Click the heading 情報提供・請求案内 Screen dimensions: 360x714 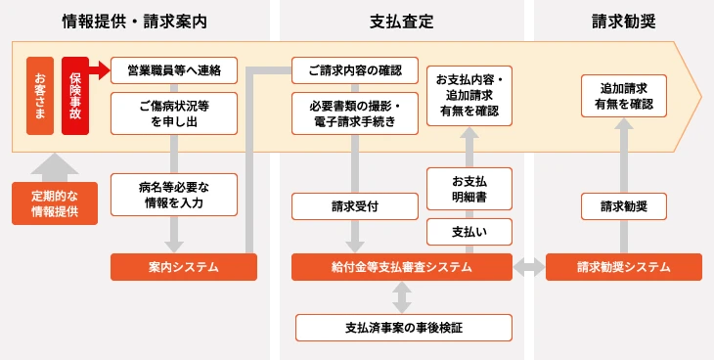pyautogui.click(x=134, y=21)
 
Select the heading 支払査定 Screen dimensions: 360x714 pyautogui.click(x=402, y=21)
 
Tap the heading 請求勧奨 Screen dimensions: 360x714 pyautogui.click(x=623, y=21)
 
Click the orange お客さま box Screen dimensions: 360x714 pyautogui.click(x=40, y=96)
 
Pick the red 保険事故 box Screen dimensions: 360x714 pyautogui.click(x=75, y=96)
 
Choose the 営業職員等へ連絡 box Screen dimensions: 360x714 pyautogui.click(x=174, y=69)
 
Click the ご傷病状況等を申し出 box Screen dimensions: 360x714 pyautogui.click(x=174, y=112)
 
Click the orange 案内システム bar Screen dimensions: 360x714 pyautogui.click(x=183, y=266)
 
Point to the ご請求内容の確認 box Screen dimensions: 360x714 pyautogui.click(x=355, y=69)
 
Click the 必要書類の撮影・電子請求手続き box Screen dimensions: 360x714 pyautogui.click(x=355, y=112)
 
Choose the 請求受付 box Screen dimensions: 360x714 pyautogui.click(x=355, y=205)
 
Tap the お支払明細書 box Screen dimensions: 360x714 pyautogui.click(x=469, y=189)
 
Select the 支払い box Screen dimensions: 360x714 pyautogui.click(x=469, y=233)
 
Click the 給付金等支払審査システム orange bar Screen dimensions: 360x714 pyautogui.click(x=402, y=266)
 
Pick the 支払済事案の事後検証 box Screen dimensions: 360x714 pyautogui.click(x=403, y=327)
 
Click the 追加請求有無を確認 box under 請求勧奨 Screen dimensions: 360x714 pyautogui.click(x=623, y=95)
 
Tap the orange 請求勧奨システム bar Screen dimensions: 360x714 pyautogui.click(x=623, y=266)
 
